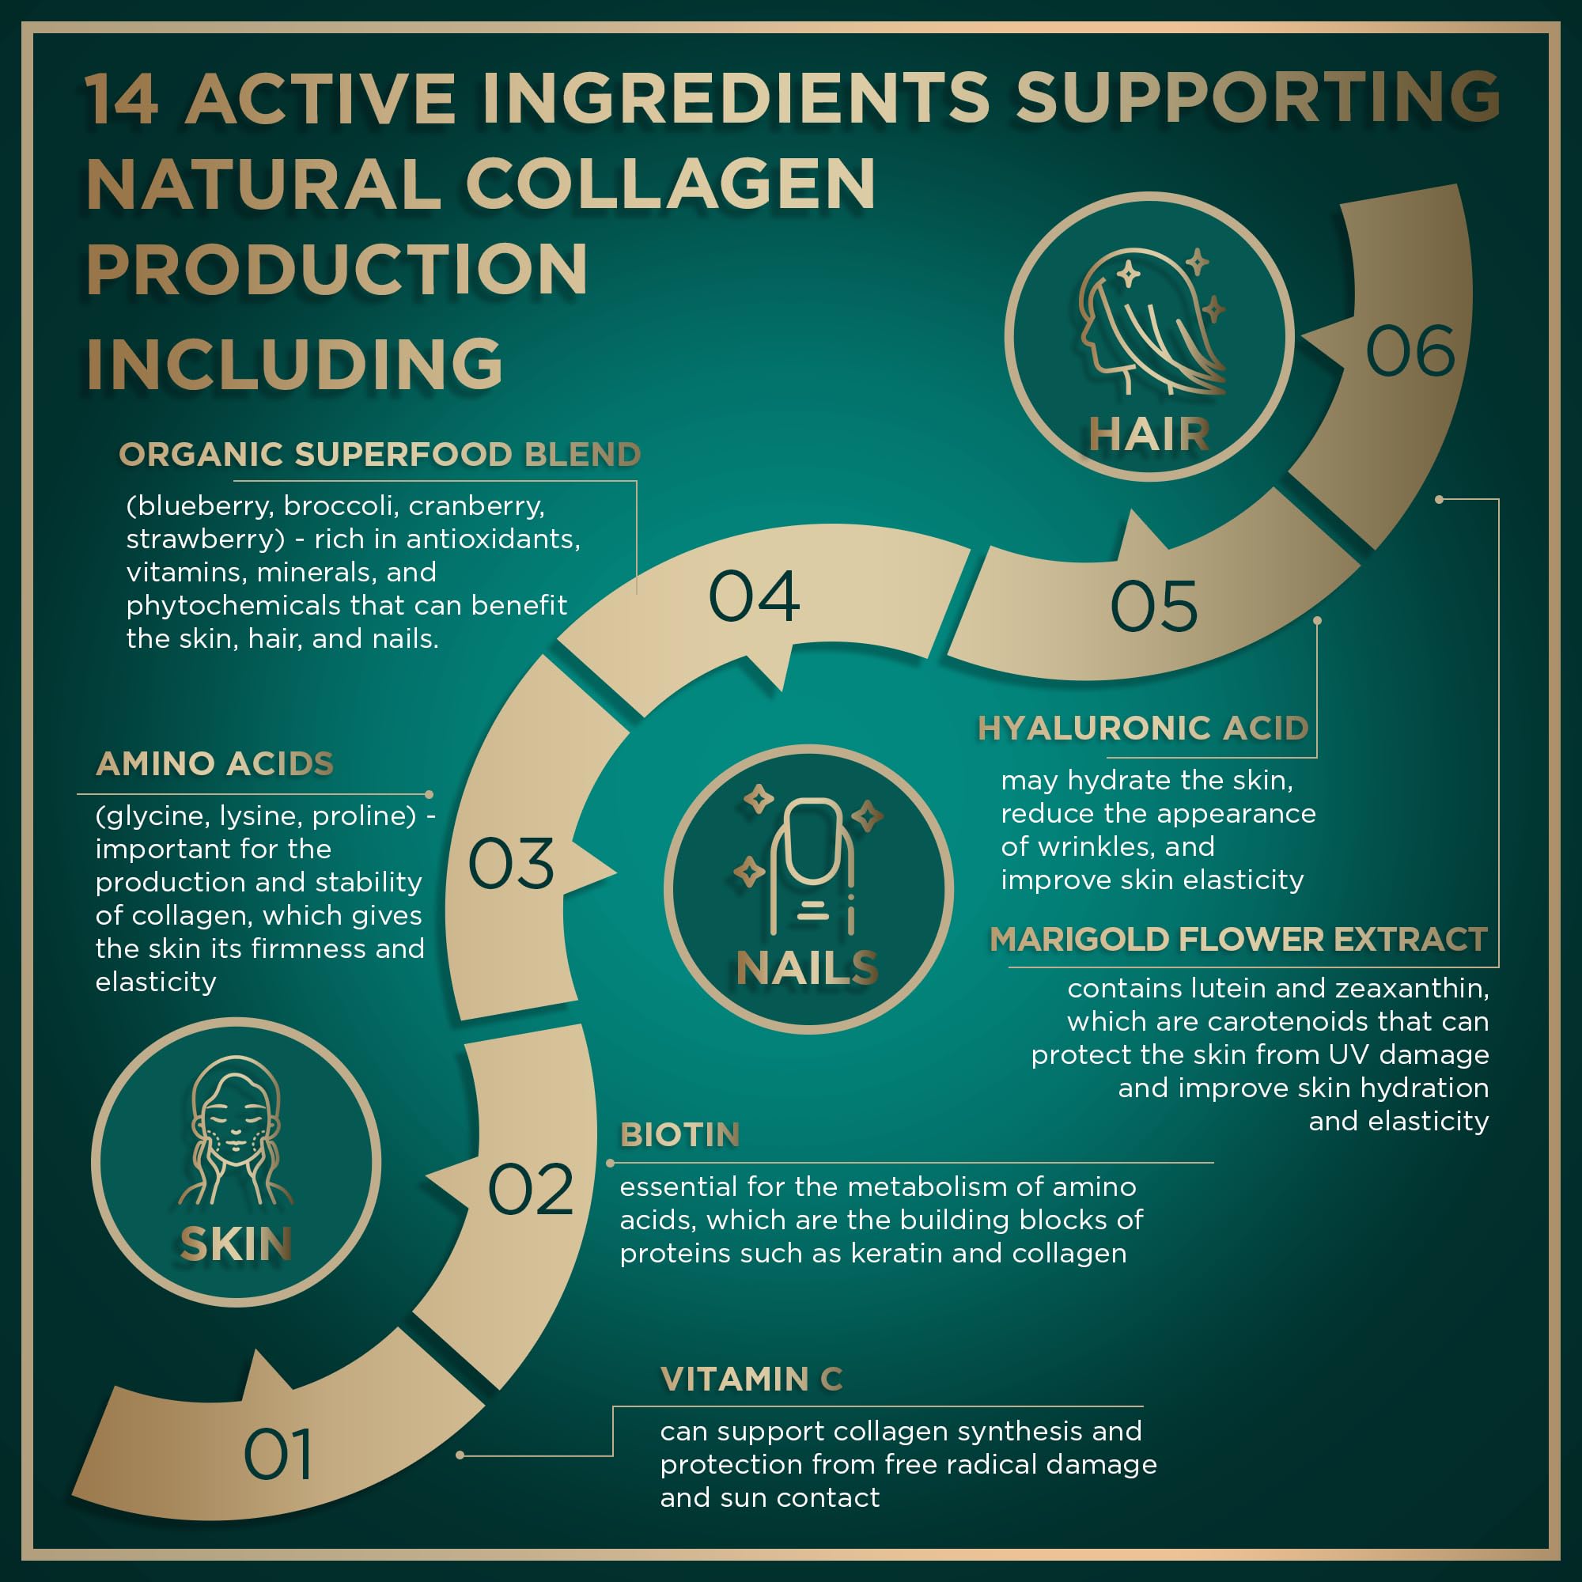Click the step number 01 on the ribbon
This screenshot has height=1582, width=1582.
(x=278, y=1455)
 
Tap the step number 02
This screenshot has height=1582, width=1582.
(x=531, y=1189)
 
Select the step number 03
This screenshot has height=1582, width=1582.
(x=511, y=863)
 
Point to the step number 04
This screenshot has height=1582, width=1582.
(x=753, y=596)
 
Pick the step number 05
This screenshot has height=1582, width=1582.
(x=1154, y=606)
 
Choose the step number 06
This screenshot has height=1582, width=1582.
(x=1410, y=351)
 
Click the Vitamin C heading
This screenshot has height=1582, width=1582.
(x=751, y=1379)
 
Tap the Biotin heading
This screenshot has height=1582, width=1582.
(x=679, y=1135)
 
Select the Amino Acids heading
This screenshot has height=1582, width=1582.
(x=214, y=763)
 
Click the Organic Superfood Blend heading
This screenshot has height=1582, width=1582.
(x=379, y=455)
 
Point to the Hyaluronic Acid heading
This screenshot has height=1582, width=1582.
(x=1143, y=728)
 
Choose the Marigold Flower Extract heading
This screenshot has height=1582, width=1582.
(x=1238, y=939)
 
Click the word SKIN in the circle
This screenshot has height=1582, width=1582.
(x=236, y=1244)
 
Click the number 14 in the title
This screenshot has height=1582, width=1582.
(x=121, y=100)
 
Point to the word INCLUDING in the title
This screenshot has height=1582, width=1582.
(x=295, y=364)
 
